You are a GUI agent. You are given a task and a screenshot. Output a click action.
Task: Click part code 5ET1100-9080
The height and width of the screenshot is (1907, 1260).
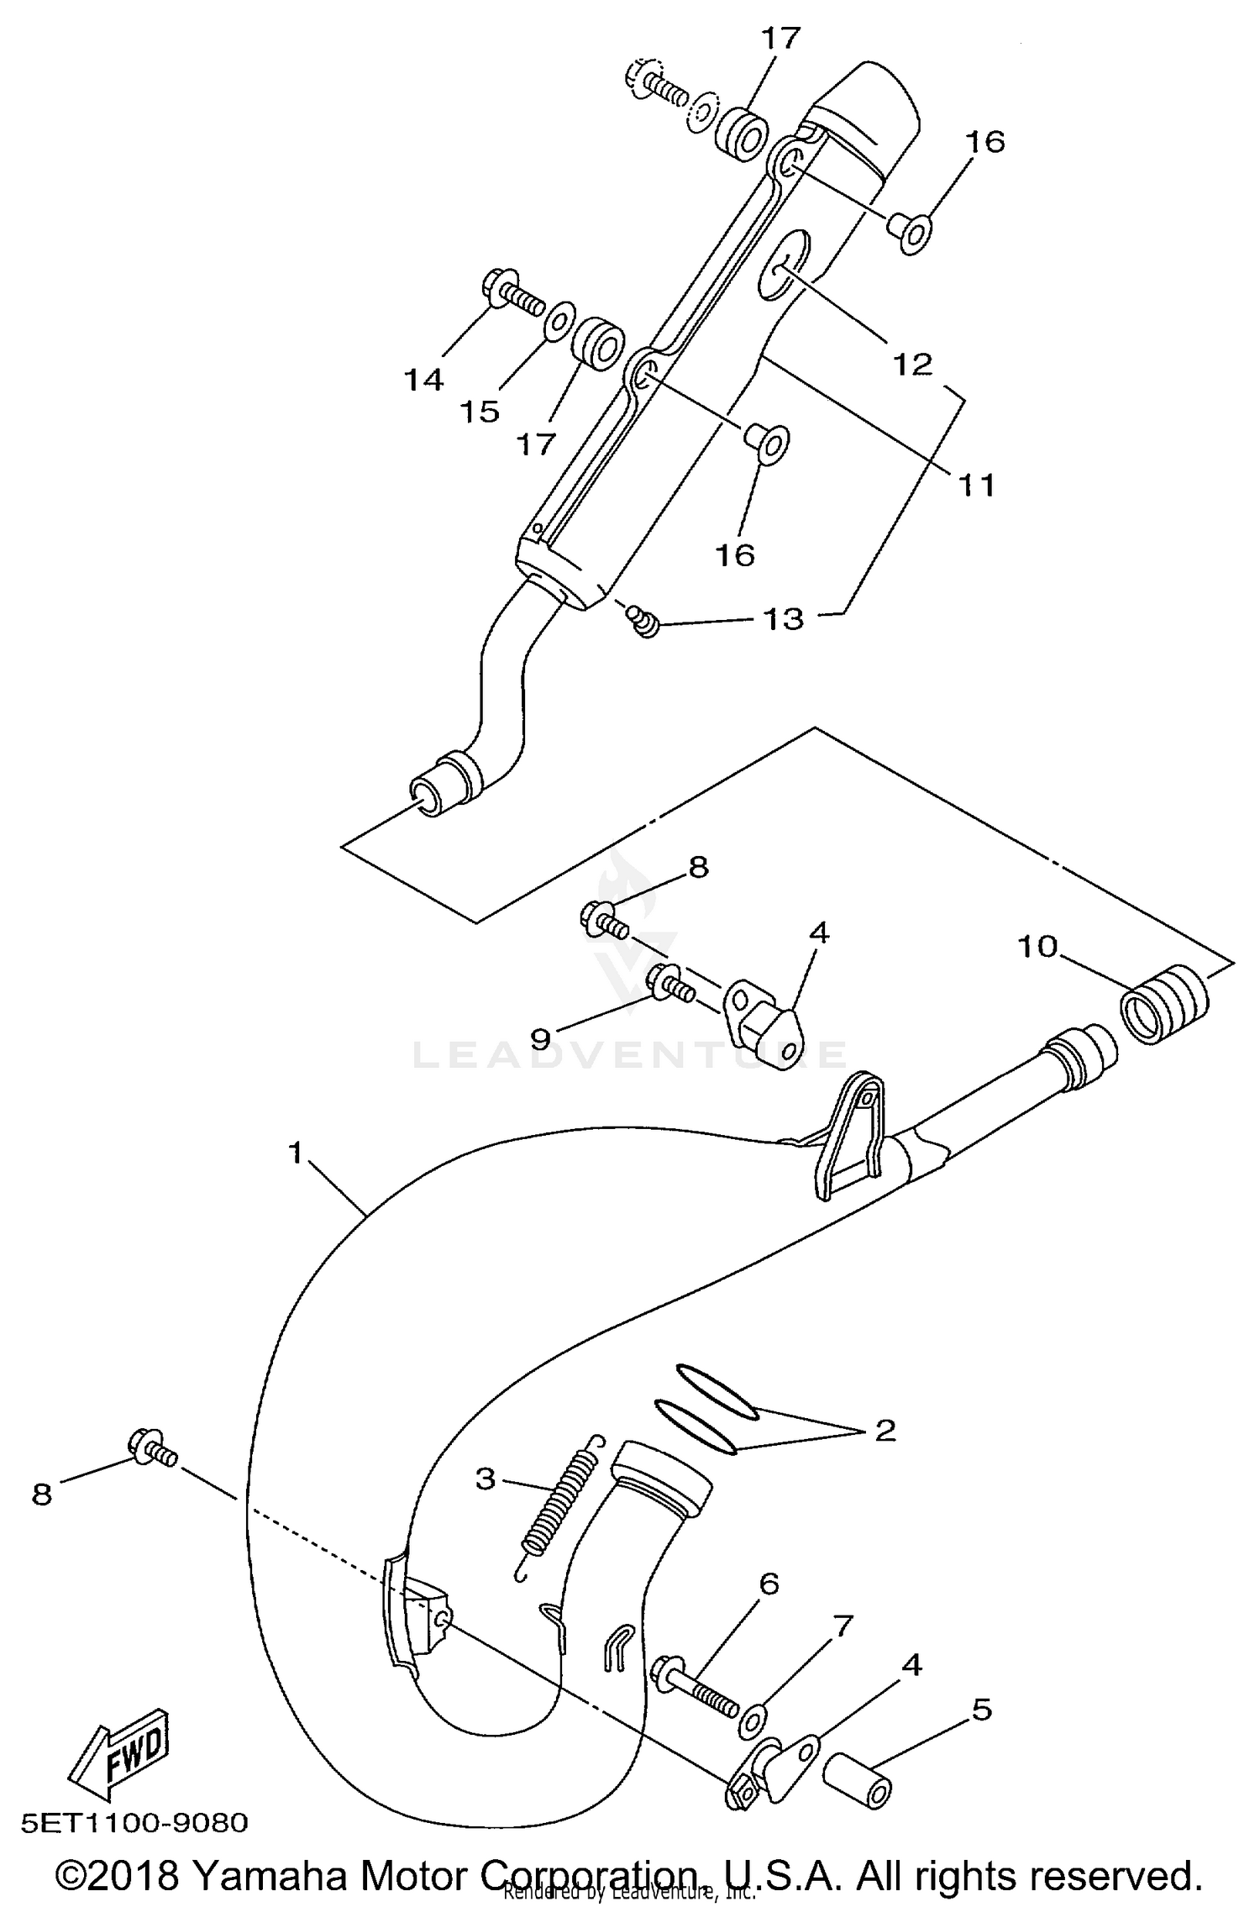[x=134, y=1821]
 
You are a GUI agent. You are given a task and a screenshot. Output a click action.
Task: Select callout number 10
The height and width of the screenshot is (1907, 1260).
[x=1037, y=947]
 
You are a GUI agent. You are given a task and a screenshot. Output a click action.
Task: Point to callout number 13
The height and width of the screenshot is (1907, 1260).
[x=783, y=619]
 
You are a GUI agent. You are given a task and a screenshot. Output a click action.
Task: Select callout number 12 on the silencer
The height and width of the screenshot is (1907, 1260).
[x=913, y=365]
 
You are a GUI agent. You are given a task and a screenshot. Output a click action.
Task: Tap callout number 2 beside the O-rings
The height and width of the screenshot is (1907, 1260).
[x=885, y=1430]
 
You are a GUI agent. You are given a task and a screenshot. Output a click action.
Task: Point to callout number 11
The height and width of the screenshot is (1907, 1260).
[x=976, y=485]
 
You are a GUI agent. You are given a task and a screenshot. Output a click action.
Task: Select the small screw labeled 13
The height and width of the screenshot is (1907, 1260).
[x=643, y=622]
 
